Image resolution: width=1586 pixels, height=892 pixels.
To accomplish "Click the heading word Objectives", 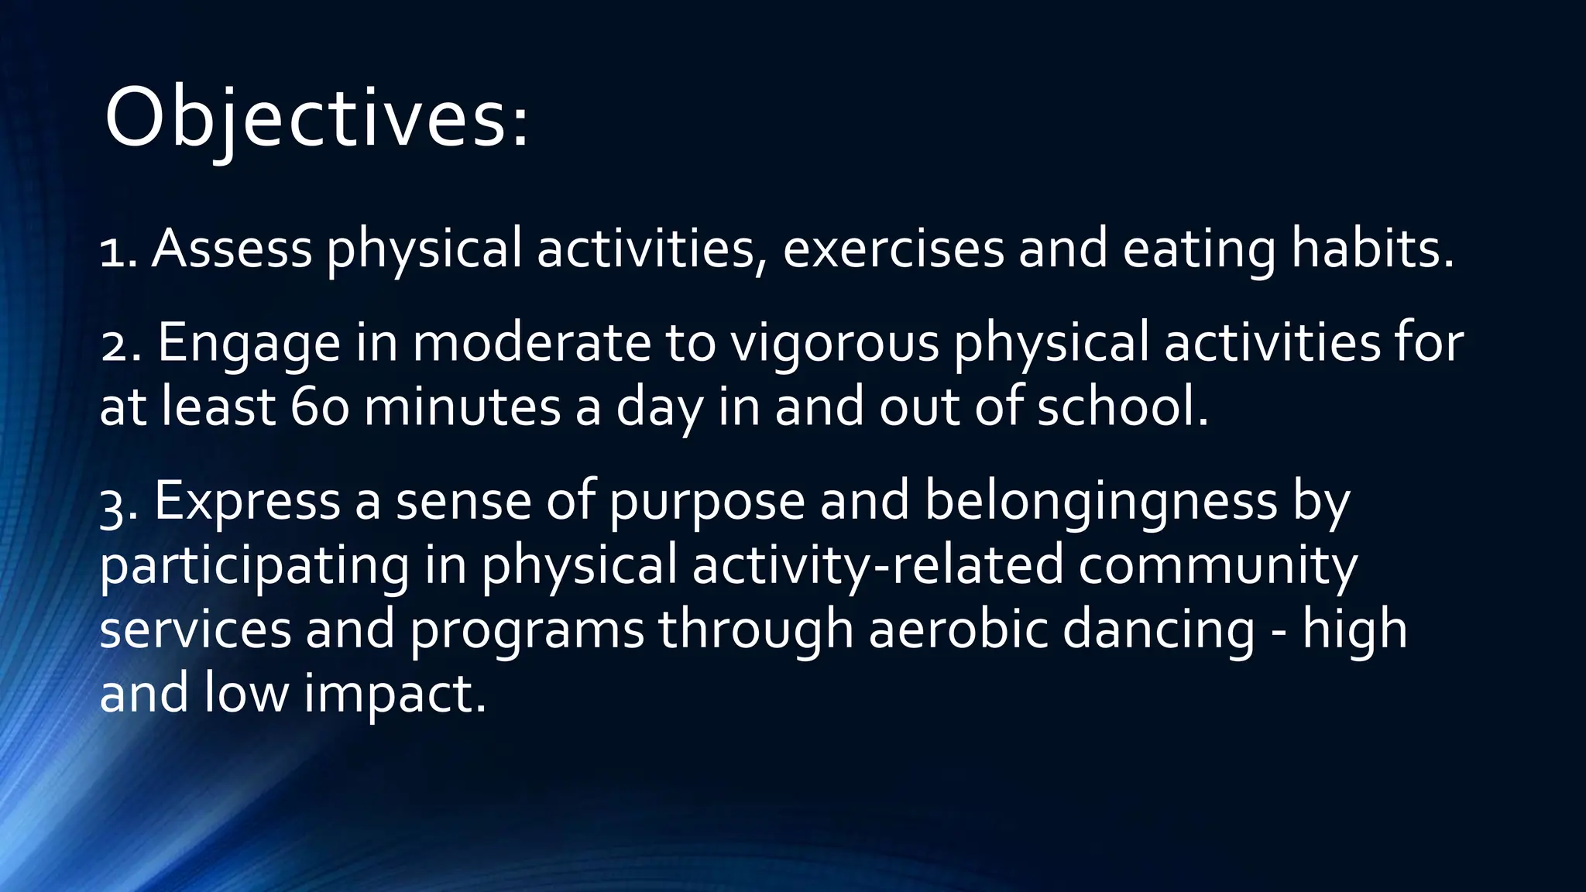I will (316, 118).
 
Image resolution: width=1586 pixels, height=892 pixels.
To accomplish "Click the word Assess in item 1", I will (232, 249).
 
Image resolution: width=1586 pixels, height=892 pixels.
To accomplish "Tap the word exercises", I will (893, 249).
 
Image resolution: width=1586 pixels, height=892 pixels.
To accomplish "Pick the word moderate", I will (531, 343).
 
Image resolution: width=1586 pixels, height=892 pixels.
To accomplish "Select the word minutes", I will (462, 407).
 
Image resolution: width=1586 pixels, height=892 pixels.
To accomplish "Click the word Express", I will (247, 503).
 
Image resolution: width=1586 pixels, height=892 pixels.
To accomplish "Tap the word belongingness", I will (1100, 503).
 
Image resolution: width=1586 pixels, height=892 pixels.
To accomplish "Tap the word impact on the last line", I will (394, 695).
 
